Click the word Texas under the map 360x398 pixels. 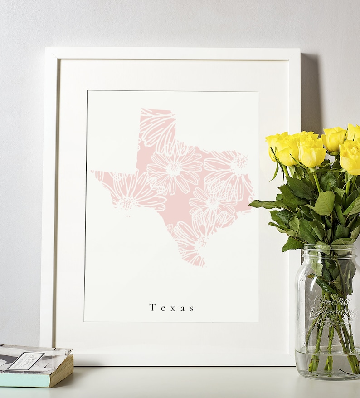point(172,308)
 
